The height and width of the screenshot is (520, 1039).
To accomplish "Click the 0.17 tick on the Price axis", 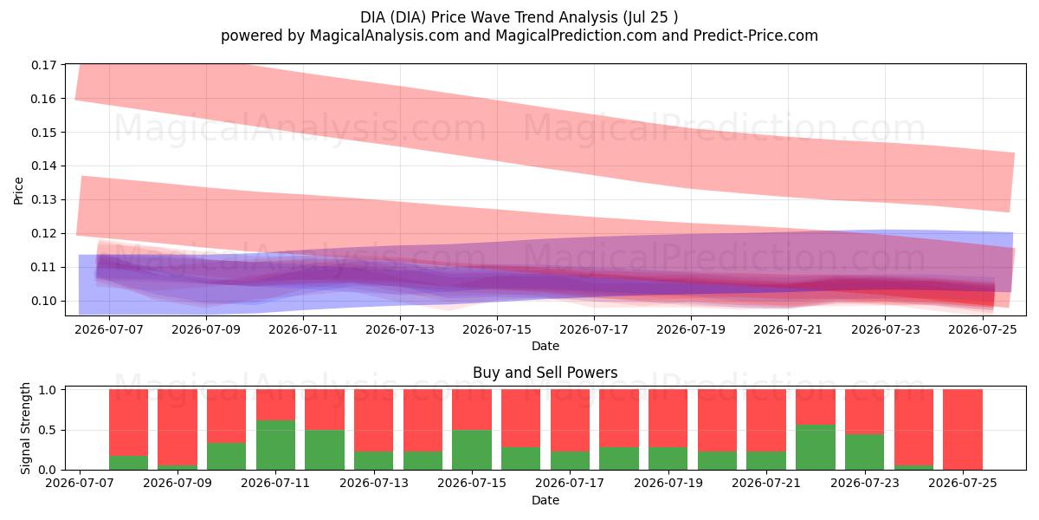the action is tap(43, 65).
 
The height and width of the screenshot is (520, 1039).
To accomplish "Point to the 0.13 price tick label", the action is tap(43, 199).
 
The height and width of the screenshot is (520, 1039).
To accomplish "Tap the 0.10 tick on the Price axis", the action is tap(43, 301).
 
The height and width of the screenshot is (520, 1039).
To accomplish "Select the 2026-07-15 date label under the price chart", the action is tap(497, 329).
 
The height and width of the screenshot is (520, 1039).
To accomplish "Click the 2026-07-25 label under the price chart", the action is tap(983, 329).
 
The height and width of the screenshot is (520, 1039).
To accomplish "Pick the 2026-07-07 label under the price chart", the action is tap(109, 329).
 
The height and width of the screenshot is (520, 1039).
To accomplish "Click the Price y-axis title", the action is tap(18, 191).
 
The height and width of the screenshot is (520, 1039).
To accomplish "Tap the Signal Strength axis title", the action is tap(25, 428).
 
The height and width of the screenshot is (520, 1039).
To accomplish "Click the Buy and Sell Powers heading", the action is tap(545, 373).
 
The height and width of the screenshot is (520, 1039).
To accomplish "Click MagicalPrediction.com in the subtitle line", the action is tap(576, 36).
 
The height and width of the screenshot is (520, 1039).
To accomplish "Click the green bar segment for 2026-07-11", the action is tap(275, 445).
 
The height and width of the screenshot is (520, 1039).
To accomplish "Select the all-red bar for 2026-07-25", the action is tap(963, 430).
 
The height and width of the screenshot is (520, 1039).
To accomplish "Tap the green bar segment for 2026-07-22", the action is tap(816, 447).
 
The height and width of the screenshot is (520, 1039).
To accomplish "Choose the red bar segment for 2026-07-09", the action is tap(177, 427).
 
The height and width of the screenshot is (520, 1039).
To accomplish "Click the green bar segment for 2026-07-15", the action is tap(472, 450).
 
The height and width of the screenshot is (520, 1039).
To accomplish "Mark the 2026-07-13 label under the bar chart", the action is tap(374, 484).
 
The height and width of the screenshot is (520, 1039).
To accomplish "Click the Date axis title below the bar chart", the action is tap(545, 501).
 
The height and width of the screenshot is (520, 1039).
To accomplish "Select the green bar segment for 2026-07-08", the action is tap(128, 463).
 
